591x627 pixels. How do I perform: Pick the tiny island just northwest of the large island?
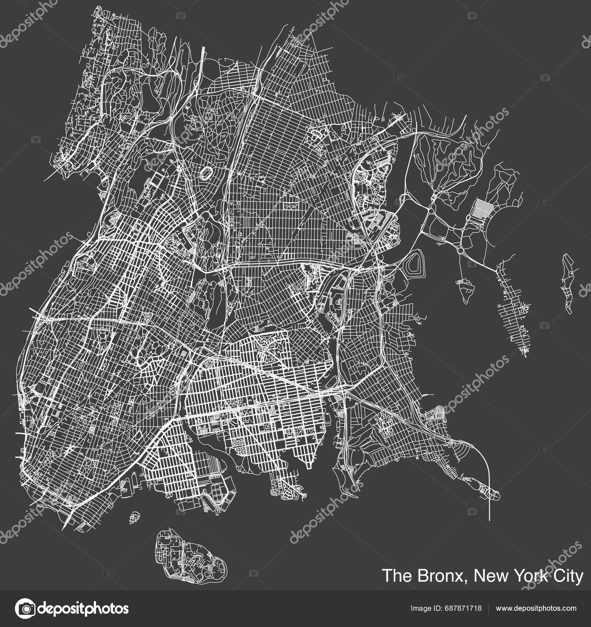point(135,516)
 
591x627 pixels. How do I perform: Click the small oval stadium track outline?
point(206,172)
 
